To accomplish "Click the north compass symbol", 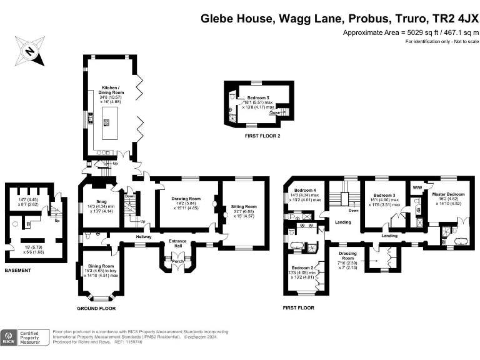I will (32, 51).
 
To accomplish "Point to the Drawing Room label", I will (185, 198).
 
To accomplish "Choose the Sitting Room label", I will (244, 206).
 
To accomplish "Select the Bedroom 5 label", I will (257, 98).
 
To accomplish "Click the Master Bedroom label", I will (448, 194).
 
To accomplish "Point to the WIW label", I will (417, 187).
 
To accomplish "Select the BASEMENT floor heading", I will (19, 270).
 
